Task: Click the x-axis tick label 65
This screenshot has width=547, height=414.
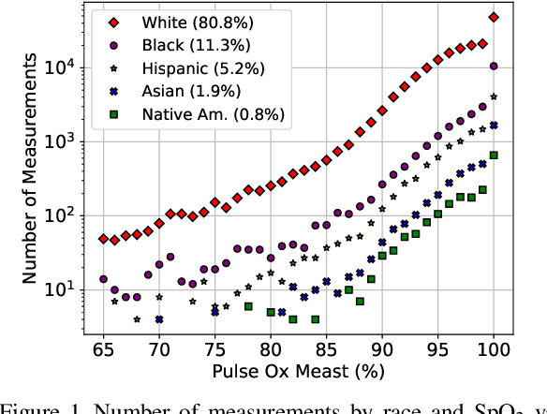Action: click(104, 348)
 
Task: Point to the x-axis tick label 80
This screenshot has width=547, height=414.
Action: click(270, 348)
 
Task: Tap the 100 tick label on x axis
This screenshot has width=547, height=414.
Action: click(493, 348)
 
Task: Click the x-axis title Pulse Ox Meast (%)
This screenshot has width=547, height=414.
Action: click(298, 372)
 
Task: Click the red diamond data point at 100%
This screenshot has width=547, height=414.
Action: click(494, 17)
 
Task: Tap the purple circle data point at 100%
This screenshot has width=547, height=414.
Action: click(494, 67)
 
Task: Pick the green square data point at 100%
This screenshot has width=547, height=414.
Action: click(494, 155)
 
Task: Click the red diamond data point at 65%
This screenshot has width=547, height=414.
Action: click(103, 239)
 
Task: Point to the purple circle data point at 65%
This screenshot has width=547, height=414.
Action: click(103, 279)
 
